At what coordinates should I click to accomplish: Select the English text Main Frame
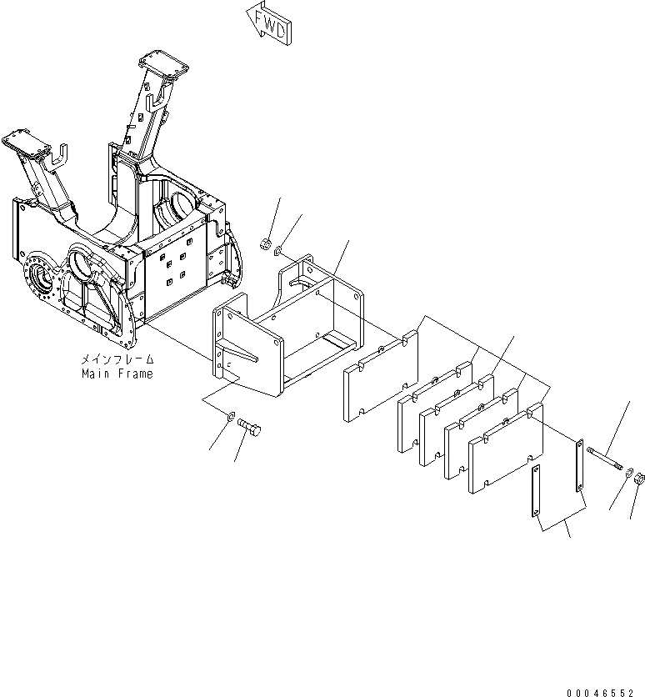pyautogui.click(x=117, y=374)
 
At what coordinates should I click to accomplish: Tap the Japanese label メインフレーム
pyautogui.click(x=117, y=360)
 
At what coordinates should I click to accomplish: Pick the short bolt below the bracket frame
pyautogui.click(x=251, y=429)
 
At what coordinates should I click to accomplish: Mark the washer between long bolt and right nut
pyautogui.click(x=626, y=472)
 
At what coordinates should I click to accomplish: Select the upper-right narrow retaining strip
pyautogui.click(x=577, y=467)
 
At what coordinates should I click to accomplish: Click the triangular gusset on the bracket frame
pyautogui.click(x=241, y=357)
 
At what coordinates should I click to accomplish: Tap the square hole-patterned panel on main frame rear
pyautogui.click(x=176, y=275)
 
